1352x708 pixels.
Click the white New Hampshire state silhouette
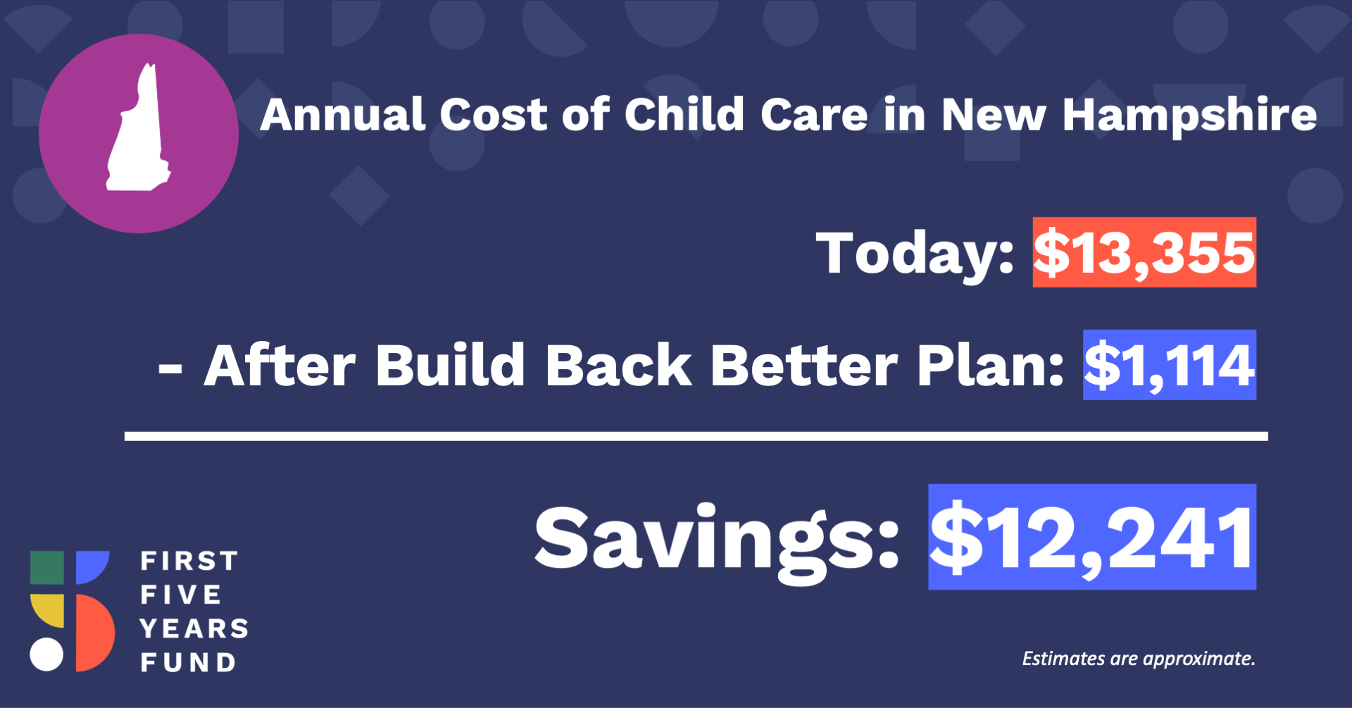coord(138,134)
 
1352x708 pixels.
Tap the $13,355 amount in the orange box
coord(1144,252)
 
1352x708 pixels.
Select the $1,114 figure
coord(1169,365)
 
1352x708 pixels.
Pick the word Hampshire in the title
coord(1189,114)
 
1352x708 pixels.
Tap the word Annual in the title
coord(343,114)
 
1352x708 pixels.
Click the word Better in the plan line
coord(803,366)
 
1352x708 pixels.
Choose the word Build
coord(451,365)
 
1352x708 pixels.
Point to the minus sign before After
coord(170,368)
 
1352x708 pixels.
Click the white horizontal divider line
coord(696,437)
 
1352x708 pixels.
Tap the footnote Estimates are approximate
coord(1139,659)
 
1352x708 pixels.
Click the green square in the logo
coord(47,568)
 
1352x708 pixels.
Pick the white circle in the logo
coord(46,654)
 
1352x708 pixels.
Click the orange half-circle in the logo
coord(96,633)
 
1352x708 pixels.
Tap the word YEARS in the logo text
coord(194,628)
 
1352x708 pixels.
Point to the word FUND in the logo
coord(188,662)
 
